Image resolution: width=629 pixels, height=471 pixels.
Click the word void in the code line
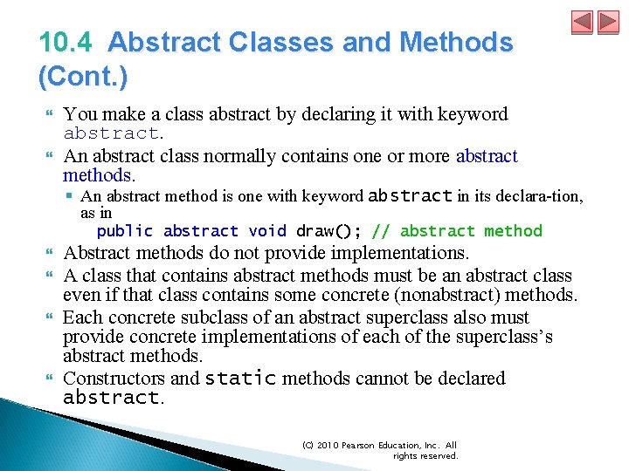[267, 231]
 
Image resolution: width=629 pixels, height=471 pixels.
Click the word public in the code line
[124, 231]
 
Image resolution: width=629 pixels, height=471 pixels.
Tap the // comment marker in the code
[381, 231]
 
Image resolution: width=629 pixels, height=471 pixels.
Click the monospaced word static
[240, 379]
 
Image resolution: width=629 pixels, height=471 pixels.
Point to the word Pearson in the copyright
[361, 445]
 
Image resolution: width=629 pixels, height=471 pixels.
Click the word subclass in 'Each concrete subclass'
[219, 317]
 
